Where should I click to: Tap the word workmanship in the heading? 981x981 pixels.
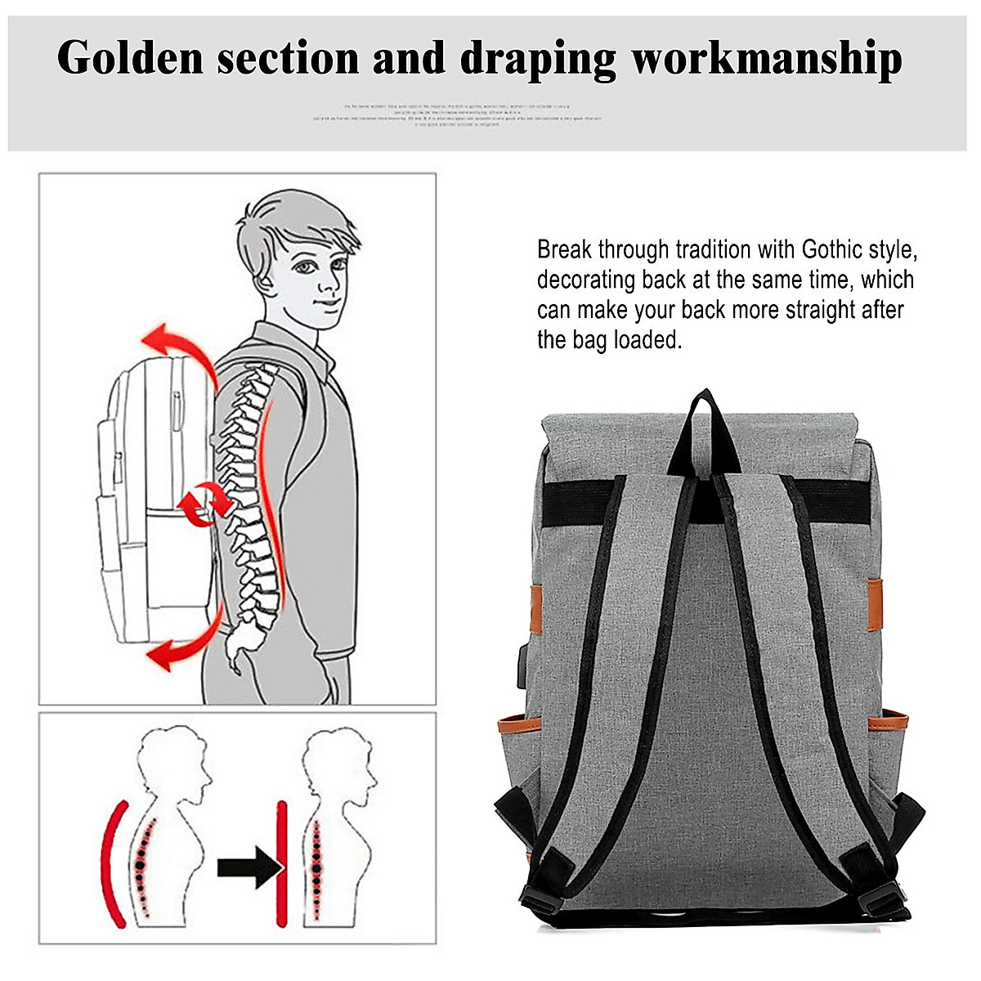pyautogui.click(x=767, y=59)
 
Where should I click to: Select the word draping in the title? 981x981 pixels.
pyautogui.click(x=537, y=59)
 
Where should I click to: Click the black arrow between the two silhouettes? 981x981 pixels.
pyautogui.click(x=249, y=867)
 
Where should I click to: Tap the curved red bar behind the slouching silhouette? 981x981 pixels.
pyautogui.click(x=112, y=862)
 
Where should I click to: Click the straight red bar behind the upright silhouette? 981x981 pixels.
pyautogui.click(x=282, y=862)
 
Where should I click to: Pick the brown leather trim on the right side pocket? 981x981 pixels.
pyautogui.click(x=889, y=722)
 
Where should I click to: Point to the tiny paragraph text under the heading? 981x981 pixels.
pyautogui.click(x=458, y=115)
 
